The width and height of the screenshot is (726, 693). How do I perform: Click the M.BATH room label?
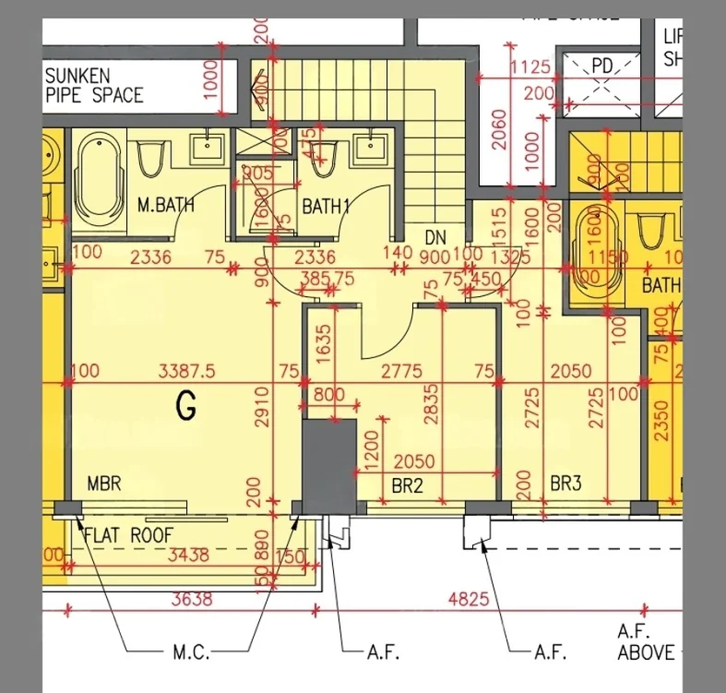click(x=166, y=205)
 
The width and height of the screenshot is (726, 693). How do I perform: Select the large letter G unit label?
click(x=186, y=407)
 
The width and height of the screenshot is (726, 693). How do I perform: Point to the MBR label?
click(x=104, y=484)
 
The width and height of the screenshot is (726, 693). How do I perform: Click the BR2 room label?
click(x=407, y=484)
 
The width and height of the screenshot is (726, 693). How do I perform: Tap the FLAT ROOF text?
click(x=128, y=534)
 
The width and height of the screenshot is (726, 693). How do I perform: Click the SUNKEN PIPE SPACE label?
click(x=94, y=85)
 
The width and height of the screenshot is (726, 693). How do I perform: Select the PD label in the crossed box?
click(x=602, y=66)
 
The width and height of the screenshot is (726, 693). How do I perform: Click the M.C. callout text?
click(x=192, y=652)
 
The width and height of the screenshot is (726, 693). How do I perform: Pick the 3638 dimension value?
click(x=192, y=600)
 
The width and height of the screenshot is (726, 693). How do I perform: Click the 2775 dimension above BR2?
click(x=400, y=371)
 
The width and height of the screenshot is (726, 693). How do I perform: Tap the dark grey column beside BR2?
click(x=329, y=461)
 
